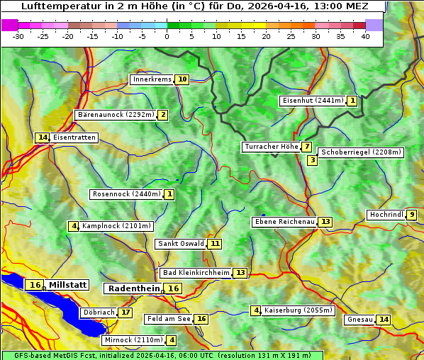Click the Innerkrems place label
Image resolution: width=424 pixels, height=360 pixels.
pyautogui.click(x=152, y=79)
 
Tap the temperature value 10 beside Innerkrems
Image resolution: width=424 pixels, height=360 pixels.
pyautogui.click(x=183, y=79)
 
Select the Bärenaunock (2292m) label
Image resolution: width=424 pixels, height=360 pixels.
pyautogui.click(x=116, y=114)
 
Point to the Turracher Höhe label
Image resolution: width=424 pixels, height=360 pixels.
pyautogui.click(x=271, y=147)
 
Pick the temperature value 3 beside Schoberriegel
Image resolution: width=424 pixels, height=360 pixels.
pyautogui.click(x=312, y=160)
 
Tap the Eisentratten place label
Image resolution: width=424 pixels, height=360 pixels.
pyautogui.click(x=74, y=137)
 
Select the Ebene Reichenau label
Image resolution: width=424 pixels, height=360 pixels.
pyautogui.click(x=284, y=222)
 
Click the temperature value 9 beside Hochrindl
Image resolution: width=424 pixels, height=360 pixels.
pyautogui.click(x=412, y=215)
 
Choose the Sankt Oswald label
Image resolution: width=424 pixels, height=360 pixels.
pyautogui.click(x=181, y=244)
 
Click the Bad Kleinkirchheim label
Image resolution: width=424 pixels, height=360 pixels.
pyautogui.click(x=196, y=273)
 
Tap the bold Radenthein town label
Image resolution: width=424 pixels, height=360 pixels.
pyautogui.click(x=134, y=288)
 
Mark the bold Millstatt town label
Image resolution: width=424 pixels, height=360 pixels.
pyautogui.click(x=67, y=285)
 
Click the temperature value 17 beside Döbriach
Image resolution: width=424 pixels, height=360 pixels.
pyautogui.click(x=125, y=312)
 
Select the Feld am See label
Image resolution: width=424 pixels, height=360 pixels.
pyautogui.click(x=169, y=319)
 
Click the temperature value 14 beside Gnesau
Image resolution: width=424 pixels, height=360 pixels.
pyautogui.click(x=384, y=320)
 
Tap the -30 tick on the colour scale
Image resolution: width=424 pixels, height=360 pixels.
pyautogui.click(x=18, y=36)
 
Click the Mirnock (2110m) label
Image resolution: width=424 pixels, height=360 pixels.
pyautogui.click(x=133, y=340)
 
